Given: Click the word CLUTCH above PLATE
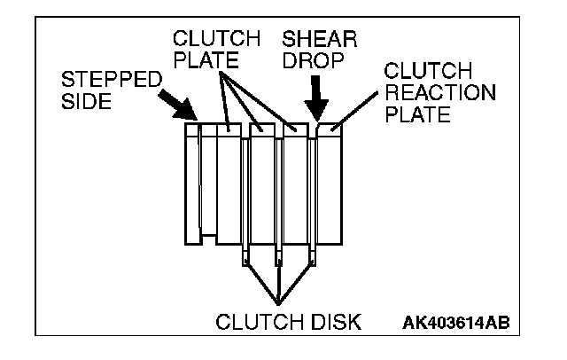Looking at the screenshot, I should [216, 40].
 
